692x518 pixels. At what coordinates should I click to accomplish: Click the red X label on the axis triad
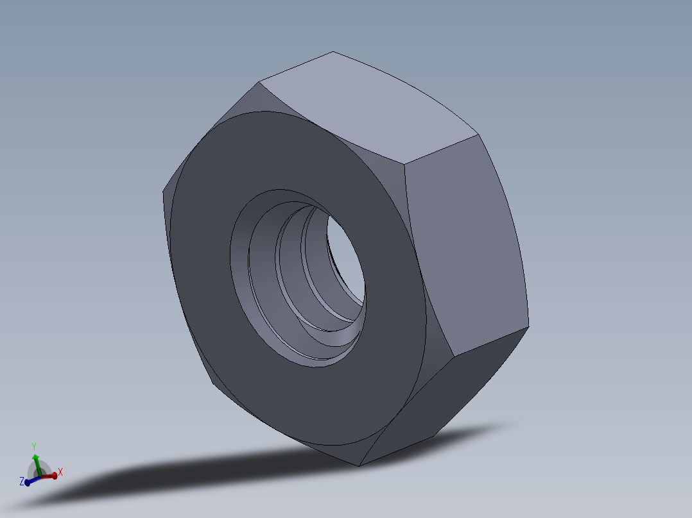point(60,472)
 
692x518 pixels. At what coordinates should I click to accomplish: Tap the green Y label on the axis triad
point(33,446)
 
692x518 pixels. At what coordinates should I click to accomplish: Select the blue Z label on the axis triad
point(21,481)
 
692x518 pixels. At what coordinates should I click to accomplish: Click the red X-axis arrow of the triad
point(48,476)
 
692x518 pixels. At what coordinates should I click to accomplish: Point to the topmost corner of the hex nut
point(333,52)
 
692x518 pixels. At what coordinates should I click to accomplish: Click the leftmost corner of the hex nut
point(162,192)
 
